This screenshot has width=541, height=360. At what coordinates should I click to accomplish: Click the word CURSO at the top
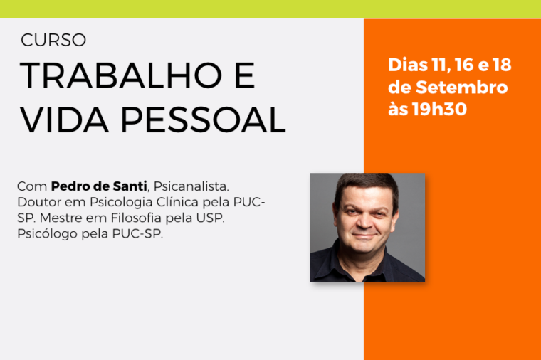[53, 40]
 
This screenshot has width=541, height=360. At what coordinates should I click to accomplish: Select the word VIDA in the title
[64, 120]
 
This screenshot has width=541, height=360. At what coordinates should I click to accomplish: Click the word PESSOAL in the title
[203, 120]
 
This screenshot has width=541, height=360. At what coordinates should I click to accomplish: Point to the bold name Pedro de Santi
[99, 186]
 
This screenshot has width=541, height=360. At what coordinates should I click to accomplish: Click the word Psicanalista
[191, 186]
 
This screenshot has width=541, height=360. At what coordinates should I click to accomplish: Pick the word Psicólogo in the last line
[47, 234]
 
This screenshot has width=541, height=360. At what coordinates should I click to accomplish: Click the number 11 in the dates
[441, 65]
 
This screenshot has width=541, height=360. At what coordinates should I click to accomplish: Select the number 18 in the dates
[502, 65]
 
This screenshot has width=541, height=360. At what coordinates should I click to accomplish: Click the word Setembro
[462, 88]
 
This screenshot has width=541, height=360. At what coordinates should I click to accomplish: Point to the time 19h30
[439, 110]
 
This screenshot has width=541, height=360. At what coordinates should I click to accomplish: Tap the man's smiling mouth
[364, 236]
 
